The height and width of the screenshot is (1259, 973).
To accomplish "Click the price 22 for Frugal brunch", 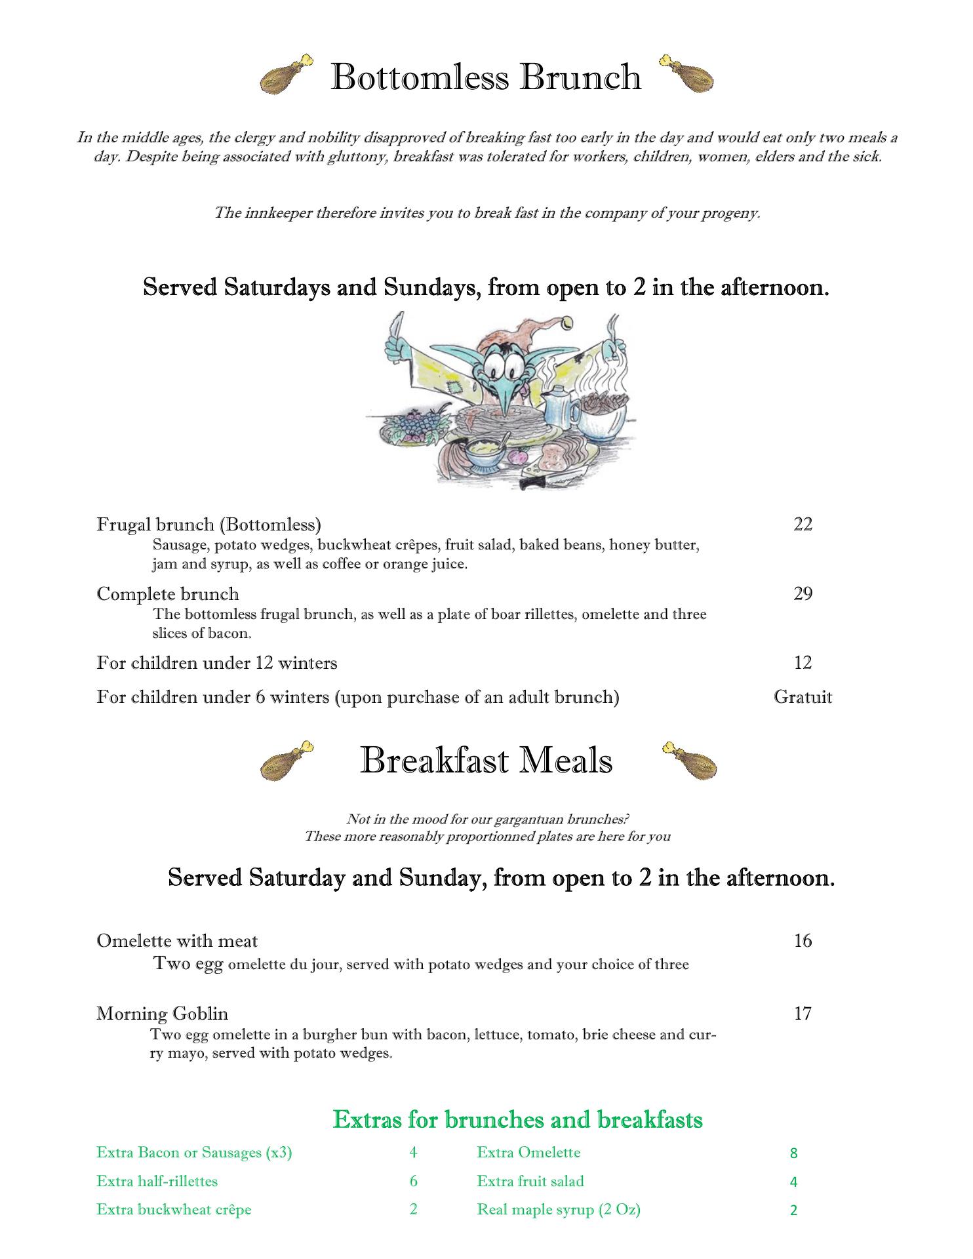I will [803, 524].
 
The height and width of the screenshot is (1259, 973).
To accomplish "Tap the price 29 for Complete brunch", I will [803, 593].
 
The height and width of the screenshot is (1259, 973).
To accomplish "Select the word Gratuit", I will [803, 696].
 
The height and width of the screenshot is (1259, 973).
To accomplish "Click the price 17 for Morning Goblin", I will [803, 1014].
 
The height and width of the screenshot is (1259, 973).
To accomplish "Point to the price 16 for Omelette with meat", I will [803, 941].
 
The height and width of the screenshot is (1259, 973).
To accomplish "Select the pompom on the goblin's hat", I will [565, 323].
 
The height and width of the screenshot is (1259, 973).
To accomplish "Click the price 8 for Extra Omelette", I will [793, 1153].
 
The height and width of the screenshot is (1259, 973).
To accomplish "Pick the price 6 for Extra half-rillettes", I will [413, 1182].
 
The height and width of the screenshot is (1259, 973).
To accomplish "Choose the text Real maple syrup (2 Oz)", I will [559, 1210].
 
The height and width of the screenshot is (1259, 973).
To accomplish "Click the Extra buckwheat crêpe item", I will [174, 1210].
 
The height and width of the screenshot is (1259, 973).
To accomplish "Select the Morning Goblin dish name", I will [162, 1014].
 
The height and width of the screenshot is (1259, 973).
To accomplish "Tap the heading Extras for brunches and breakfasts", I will [517, 1119].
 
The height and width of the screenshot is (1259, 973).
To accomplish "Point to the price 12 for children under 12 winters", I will [803, 663].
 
